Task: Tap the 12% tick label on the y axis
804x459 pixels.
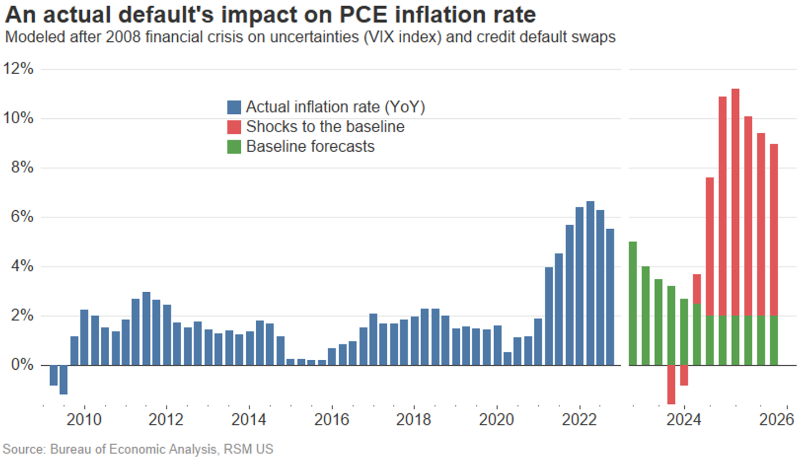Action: (18, 69)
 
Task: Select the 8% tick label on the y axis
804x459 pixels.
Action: (22, 168)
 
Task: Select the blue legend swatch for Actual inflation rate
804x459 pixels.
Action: (234, 107)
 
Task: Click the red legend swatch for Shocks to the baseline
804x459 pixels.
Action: (234, 127)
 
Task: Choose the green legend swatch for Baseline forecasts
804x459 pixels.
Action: (234, 147)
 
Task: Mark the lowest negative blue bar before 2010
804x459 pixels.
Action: (64, 380)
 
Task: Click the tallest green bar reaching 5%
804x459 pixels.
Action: (632, 303)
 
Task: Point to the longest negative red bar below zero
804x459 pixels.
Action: (671, 384)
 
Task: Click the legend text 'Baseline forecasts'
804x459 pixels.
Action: (310, 147)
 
